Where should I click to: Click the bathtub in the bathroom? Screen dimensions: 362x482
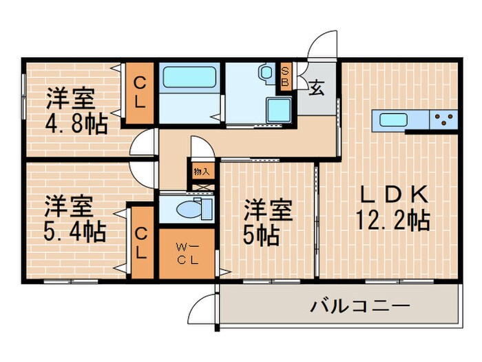click(189, 81)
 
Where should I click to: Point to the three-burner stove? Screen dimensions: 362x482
click(443, 121)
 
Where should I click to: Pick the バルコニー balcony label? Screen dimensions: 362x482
click(359, 305)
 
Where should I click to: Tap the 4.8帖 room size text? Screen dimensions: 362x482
click(76, 123)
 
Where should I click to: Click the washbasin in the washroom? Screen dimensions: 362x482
click(265, 72)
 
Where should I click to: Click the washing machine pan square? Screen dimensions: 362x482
click(278, 109)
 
